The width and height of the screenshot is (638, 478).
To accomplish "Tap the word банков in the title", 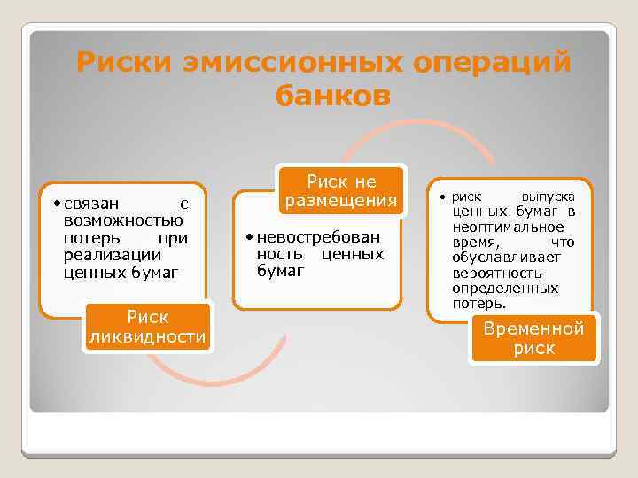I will coord(332,95).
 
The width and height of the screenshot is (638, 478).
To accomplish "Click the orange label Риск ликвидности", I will coord(147,327).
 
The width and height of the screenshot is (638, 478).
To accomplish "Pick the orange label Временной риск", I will coord(533,338).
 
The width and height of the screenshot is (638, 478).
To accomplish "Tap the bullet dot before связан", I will coord(57,204).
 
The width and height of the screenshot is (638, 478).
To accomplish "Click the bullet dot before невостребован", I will coord(251,237).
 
